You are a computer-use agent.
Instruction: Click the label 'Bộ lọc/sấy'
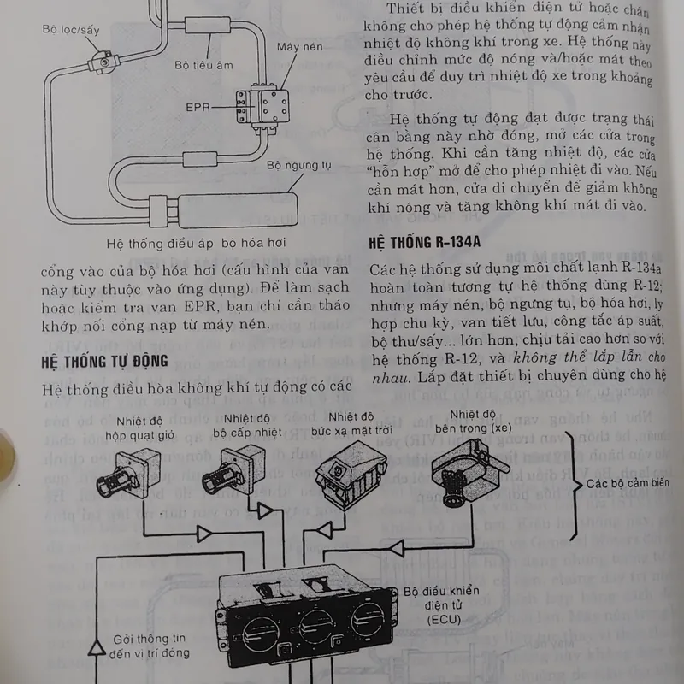pos(71,29)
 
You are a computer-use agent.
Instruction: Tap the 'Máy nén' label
pos(300,46)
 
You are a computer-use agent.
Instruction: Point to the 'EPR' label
pos(198,107)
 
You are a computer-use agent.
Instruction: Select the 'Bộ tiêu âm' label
pos(203,65)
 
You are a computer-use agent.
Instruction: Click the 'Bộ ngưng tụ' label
pos(298,165)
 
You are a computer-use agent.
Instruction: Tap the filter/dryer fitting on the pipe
pos(103,61)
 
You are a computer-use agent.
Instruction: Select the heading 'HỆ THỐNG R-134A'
pos(424,242)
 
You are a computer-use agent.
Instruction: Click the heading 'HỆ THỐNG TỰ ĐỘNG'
pos(104,361)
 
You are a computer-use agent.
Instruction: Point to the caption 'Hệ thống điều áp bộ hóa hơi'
pos(196,243)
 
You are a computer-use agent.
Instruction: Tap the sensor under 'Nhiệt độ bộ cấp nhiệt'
pos(233,470)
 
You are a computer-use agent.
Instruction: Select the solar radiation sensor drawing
pos(351,474)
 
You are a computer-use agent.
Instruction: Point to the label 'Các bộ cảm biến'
pos(628,483)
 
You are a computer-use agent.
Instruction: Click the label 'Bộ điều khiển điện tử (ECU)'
pos(441,605)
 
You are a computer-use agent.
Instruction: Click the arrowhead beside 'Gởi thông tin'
pos(97,647)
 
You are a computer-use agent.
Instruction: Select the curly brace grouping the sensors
pos(575,485)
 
